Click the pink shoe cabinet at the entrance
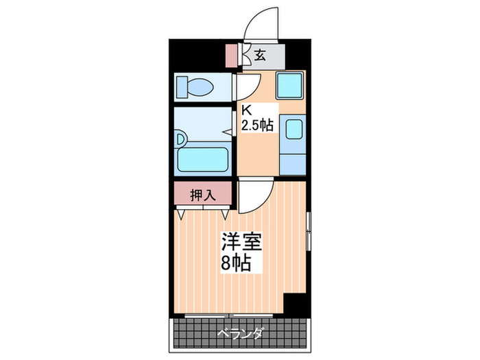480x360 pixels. tap(230, 56)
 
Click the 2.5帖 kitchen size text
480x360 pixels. tap(256, 125)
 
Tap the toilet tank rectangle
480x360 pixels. tap(181, 86)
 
